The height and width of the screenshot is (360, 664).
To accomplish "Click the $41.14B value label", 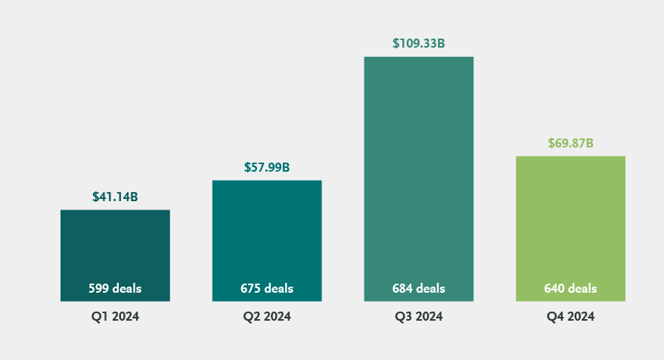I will pyautogui.click(x=115, y=197).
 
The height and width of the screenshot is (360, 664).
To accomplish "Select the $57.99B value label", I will pyautogui.click(x=267, y=167).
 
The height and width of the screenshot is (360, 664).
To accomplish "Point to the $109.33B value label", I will pyautogui.click(x=418, y=44).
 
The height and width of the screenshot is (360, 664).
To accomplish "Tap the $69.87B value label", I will pyautogui.click(x=570, y=143).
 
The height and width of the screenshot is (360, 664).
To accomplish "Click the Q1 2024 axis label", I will pyautogui.click(x=115, y=317).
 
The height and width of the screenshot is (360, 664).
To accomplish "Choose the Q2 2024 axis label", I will pyautogui.click(x=267, y=317).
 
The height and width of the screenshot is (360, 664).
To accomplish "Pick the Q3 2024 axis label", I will pyautogui.click(x=418, y=317).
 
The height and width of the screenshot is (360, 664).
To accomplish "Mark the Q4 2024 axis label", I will pyautogui.click(x=570, y=317).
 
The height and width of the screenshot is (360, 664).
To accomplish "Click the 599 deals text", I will pyautogui.click(x=115, y=288).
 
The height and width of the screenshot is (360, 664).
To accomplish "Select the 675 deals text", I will pyautogui.click(x=267, y=288).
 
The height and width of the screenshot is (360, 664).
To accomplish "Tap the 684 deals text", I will pyautogui.click(x=418, y=288).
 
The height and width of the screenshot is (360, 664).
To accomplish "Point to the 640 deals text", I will pyautogui.click(x=570, y=288).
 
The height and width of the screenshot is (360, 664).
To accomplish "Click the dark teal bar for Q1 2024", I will pyautogui.click(x=115, y=246).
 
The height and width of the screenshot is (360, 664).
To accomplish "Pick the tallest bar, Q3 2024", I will pyautogui.click(x=418, y=166).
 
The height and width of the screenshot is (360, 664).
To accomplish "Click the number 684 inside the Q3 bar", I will pyautogui.click(x=402, y=288).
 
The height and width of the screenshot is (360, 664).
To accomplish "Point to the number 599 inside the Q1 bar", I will pyautogui.click(x=99, y=288).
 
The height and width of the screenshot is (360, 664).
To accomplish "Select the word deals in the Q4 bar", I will pyautogui.click(x=582, y=288).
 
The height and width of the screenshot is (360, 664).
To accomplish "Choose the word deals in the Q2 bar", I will pyautogui.click(x=278, y=288).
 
